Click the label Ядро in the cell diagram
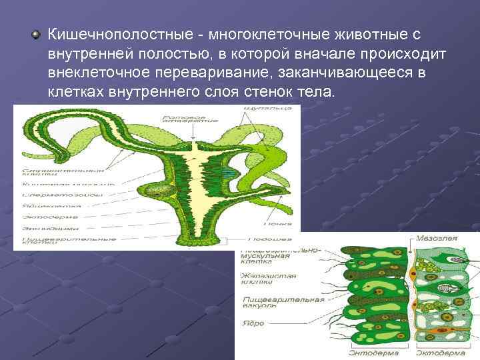pos(253,323)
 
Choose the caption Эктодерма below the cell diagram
pos(437,354)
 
